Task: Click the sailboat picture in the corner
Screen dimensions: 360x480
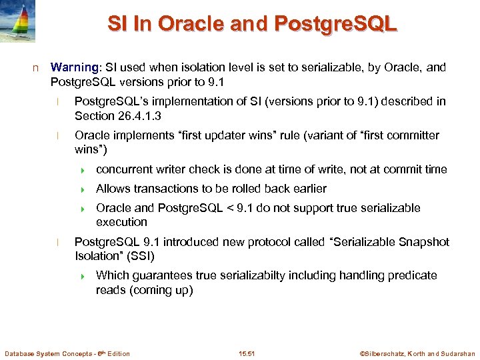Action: click(18, 21)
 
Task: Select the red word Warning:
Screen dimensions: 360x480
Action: click(75, 68)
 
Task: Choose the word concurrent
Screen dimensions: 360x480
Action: click(123, 169)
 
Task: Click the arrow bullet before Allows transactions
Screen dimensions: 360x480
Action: click(85, 189)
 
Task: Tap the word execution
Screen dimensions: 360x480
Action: click(121, 222)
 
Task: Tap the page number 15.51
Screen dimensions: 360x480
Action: click(247, 353)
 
